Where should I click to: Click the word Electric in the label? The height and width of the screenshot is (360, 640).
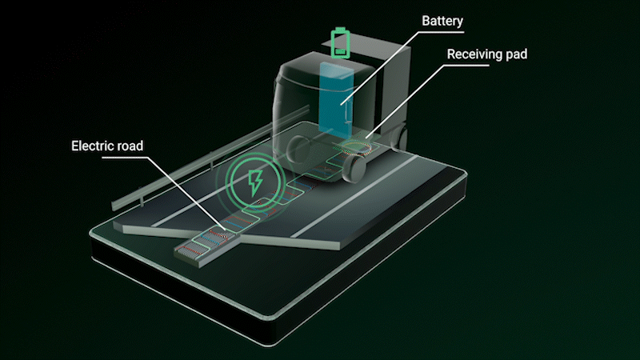coord(93,146)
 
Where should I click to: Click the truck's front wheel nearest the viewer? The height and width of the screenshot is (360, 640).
coord(355,166)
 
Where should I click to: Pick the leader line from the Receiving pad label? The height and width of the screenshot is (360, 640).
coord(408,96)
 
